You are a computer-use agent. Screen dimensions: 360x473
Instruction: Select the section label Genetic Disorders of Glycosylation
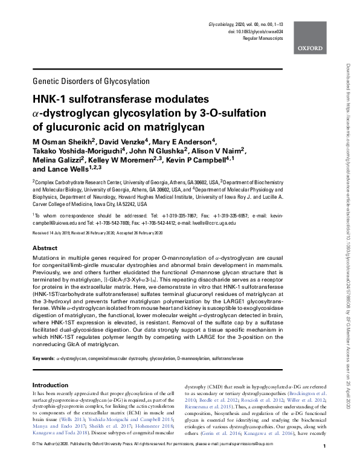(90, 81)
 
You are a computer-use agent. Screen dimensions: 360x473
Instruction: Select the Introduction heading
(51, 385)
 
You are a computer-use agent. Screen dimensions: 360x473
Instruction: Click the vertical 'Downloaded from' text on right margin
(348, 78)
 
